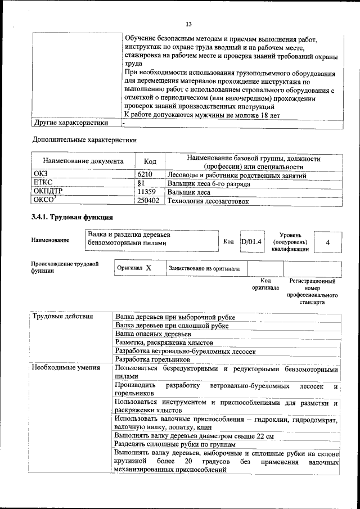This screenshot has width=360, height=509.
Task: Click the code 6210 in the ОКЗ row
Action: coord(145,175)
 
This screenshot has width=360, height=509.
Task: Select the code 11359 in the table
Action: coord(147,192)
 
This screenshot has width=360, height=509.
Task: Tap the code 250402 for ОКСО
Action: coord(148,200)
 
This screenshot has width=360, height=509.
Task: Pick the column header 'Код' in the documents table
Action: coord(150,161)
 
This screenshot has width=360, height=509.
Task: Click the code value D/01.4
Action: coord(251,241)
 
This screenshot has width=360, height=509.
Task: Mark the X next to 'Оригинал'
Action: coord(148,268)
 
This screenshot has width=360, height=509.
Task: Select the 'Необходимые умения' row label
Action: coord(66,368)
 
